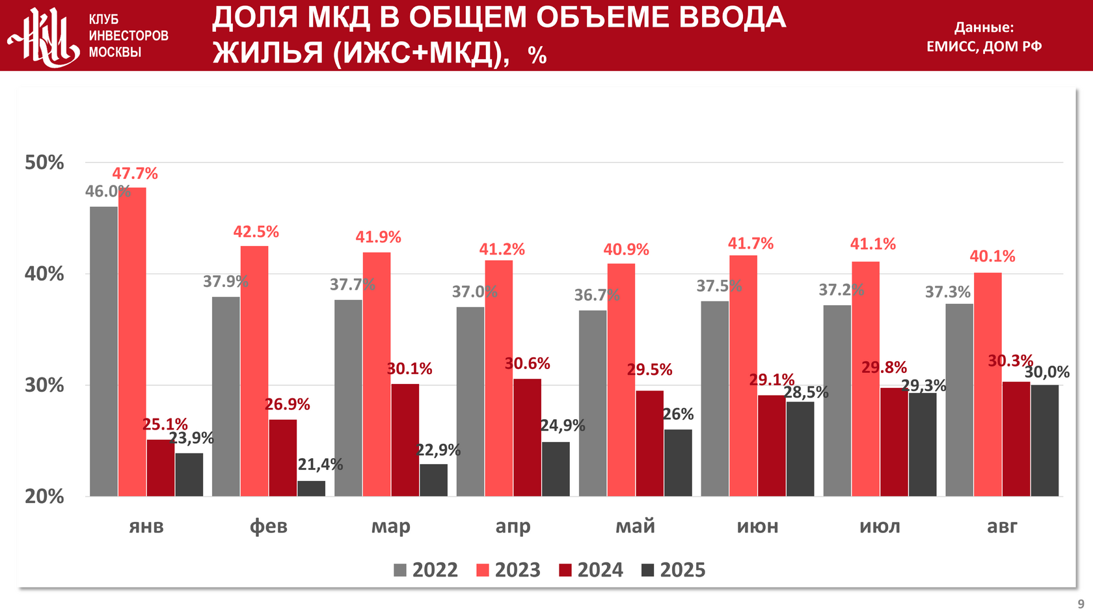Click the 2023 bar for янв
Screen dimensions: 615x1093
tap(132, 342)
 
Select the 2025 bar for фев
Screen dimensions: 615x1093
tap(312, 489)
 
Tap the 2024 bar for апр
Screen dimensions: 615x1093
tap(527, 437)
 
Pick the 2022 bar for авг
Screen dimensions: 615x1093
tap(959, 400)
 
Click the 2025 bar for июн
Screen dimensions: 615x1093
tap(800, 449)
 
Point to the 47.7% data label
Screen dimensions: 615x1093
tap(135, 174)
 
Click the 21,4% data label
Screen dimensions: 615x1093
tap(320, 465)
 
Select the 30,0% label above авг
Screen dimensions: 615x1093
tap(1047, 372)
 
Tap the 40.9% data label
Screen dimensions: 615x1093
tap(626, 250)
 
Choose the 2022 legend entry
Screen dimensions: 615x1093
tap(426, 570)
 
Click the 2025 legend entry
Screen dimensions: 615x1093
tap(673, 570)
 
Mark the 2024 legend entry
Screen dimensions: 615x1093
tap(591, 570)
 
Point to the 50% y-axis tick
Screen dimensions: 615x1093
tap(44, 163)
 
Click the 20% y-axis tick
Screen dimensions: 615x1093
tap(44, 497)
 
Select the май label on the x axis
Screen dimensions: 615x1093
tap(635, 526)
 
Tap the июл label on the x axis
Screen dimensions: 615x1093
tap(880, 526)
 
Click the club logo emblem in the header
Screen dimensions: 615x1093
tap(43, 36)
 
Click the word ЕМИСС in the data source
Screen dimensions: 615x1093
tap(951, 46)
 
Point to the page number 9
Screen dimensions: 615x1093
tap(1081, 604)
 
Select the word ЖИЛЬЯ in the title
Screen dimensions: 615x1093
tap(269, 53)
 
